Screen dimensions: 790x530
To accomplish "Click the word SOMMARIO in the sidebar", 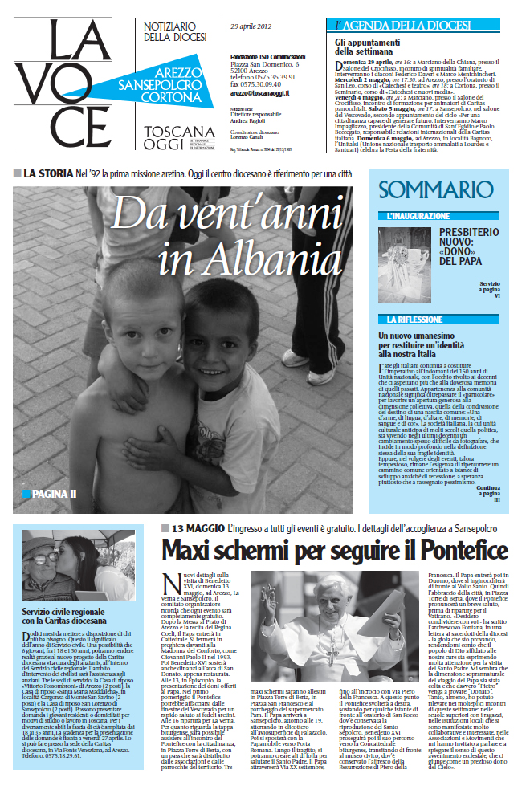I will click(x=435, y=190).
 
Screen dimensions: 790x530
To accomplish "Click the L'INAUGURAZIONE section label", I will click(x=418, y=217).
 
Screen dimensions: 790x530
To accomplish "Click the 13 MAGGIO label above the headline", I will click(x=198, y=528).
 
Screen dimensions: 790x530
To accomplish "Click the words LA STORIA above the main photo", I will click(x=48, y=173).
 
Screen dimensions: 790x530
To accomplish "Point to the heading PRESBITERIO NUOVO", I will click(x=468, y=246).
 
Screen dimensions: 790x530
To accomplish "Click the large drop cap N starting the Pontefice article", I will click(x=169, y=584).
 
